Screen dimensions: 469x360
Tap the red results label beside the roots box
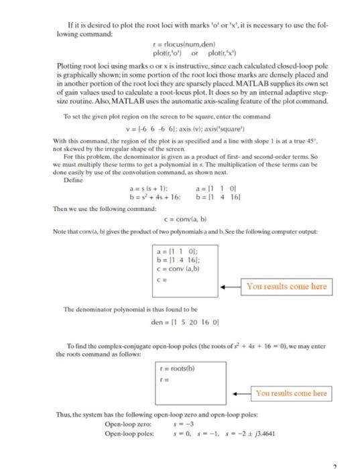[x=291, y=393]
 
